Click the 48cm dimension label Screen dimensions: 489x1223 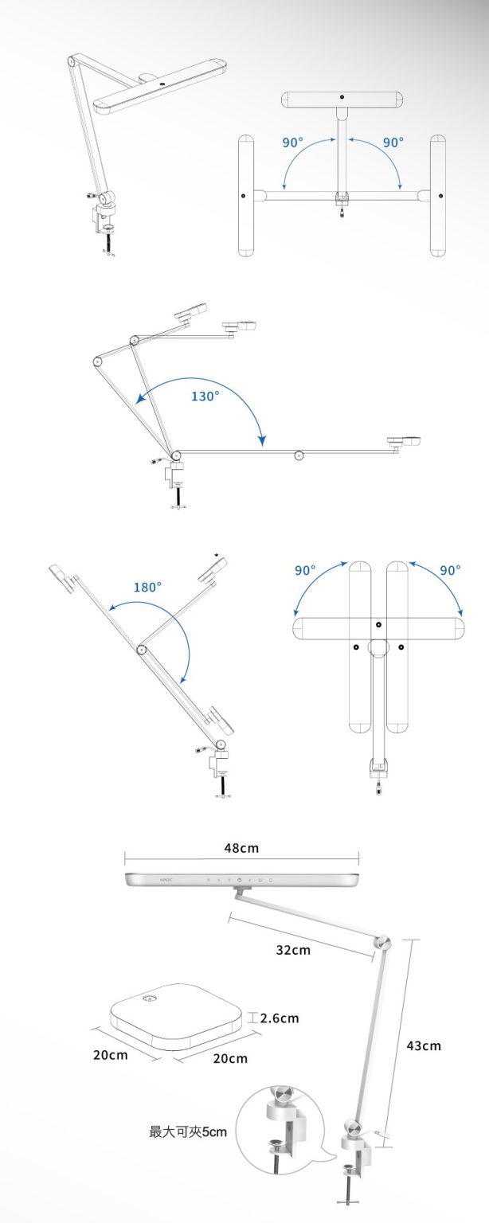pos(241,848)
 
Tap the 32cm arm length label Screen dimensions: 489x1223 pos(293,950)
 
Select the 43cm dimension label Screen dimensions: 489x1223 pos(424,1045)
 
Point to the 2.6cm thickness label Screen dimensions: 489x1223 pos(280,1018)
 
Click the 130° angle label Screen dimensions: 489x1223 pos(205,396)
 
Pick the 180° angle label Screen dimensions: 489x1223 pos(147,587)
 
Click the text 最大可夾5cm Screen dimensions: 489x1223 pos(188,1131)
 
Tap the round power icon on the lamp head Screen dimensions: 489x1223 pos(239,881)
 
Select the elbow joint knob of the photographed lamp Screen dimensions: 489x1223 pos(383,942)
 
